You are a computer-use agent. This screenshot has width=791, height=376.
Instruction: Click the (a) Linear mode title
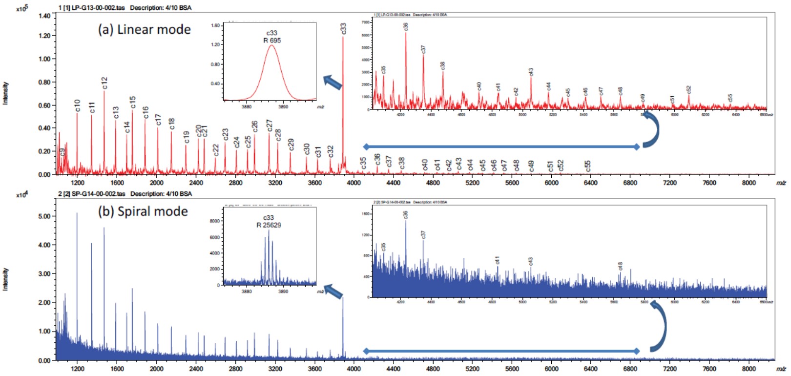[x=144, y=30]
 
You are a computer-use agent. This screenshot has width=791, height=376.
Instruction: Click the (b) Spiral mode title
[x=143, y=211]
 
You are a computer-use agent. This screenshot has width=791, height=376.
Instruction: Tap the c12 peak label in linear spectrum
[x=104, y=83]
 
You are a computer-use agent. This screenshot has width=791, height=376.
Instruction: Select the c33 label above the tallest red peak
[x=343, y=28]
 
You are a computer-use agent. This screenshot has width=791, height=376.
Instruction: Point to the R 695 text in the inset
[x=272, y=41]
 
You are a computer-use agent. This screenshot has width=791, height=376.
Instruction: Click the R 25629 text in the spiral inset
[x=269, y=225]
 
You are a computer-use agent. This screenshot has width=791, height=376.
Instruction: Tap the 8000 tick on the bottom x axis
[x=749, y=369]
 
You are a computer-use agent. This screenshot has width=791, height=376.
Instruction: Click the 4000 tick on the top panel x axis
[x=354, y=183]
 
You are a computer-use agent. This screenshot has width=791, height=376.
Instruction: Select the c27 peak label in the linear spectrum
[x=269, y=125]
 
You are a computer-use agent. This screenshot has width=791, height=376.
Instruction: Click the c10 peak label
[x=77, y=105]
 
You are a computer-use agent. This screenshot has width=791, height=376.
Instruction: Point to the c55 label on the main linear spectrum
[x=588, y=166]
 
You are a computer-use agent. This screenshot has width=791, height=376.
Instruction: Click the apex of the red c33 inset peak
[x=271, y=45]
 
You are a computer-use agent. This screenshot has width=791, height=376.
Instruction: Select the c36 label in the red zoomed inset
[x=405, y=26]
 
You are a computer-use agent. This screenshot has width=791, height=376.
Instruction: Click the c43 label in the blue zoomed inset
[x=530, y=262]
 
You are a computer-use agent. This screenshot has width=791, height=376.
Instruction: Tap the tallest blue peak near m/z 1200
[x=77, y=213]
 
